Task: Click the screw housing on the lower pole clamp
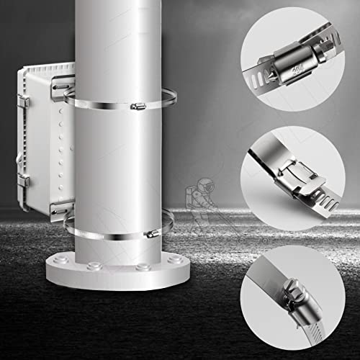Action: [x=151, y=234]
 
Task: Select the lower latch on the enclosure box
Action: [x=23, y=180]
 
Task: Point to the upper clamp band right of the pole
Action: [x=170, y=97]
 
